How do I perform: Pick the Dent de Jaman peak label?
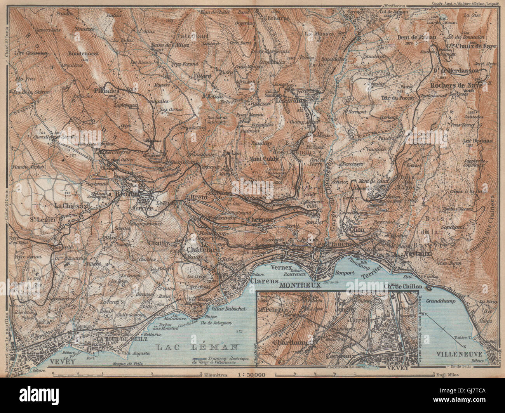tap(417, 38)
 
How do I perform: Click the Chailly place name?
tap(159, 243)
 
